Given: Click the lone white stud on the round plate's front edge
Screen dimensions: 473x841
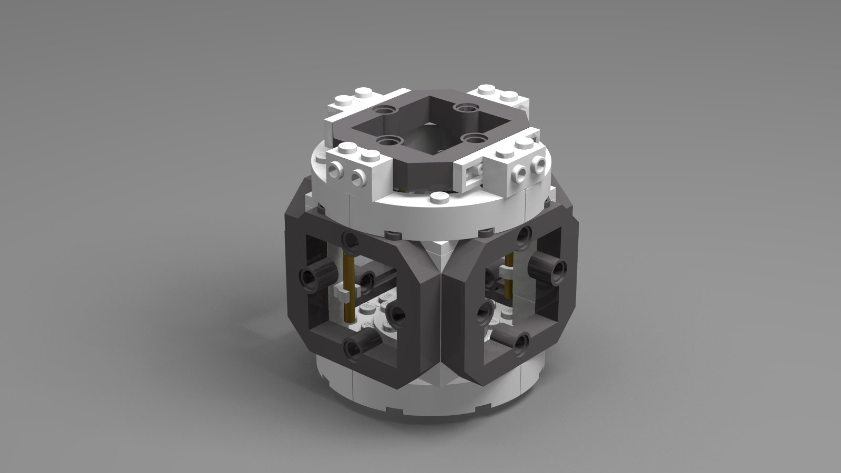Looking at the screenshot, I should point(439,197).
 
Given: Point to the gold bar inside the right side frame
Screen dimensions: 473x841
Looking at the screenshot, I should point(508,279).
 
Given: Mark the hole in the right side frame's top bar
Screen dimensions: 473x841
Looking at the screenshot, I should point(524,234).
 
